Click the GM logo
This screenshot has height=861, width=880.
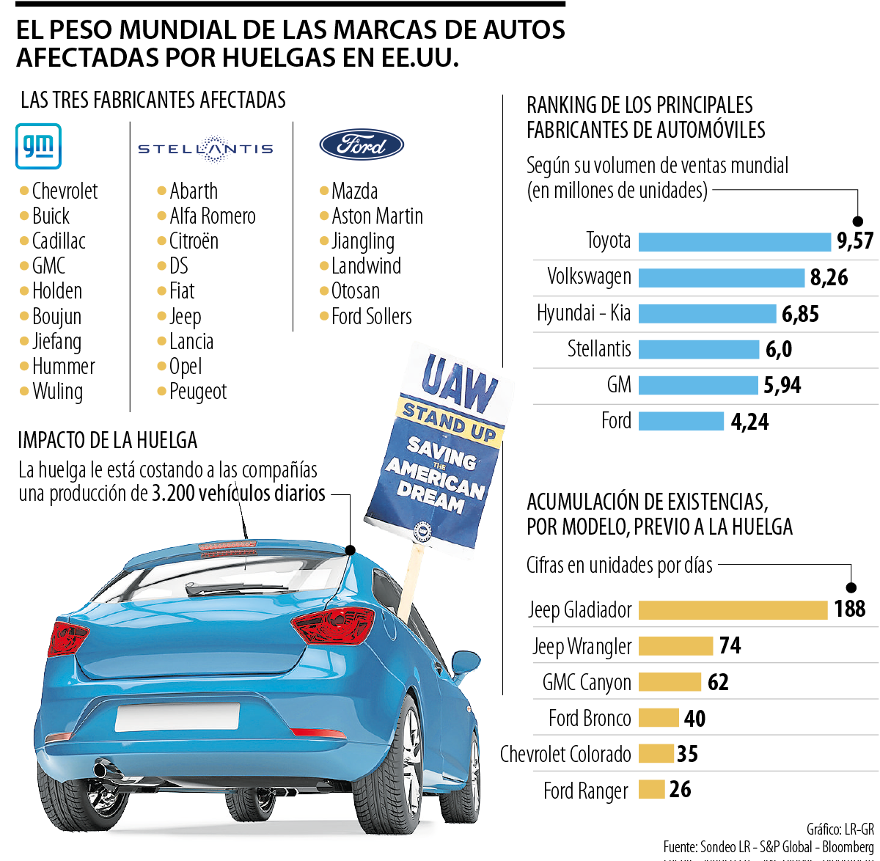38,147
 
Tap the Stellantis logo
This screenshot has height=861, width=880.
205,149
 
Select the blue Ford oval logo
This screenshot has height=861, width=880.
362,145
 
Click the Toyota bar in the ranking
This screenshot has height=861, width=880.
734,241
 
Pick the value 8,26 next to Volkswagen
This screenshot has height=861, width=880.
829,278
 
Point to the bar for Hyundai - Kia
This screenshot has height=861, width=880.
707,314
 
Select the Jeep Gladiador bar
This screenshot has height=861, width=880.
733,610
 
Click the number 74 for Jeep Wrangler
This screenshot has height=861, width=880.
730,646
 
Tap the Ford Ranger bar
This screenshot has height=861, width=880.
651,790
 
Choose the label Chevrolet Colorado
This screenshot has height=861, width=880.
565,754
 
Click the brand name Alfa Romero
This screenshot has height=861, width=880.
213,216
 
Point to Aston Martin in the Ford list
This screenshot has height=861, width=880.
377,216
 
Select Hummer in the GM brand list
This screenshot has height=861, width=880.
64,366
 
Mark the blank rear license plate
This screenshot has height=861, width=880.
177,717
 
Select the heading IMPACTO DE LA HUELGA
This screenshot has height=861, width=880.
108,440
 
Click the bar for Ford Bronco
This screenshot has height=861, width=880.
658,718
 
